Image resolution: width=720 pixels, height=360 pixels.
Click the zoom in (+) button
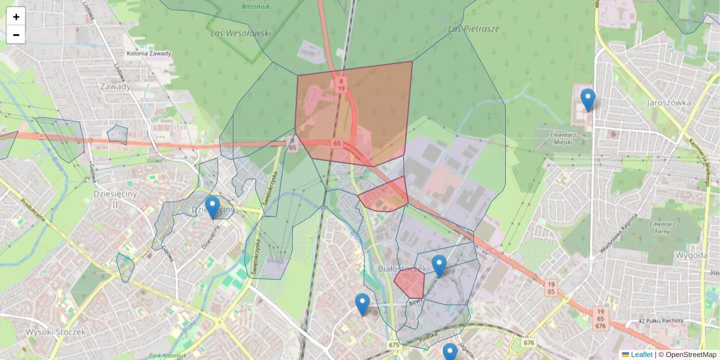coord(16,17)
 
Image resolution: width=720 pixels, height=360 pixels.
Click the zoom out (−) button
coord(16,35)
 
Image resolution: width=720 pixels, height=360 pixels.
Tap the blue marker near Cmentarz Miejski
coord(588,100)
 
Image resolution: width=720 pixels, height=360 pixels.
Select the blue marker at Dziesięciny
coord(212,208)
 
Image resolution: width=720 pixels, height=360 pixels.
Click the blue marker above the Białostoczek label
coord(439,266)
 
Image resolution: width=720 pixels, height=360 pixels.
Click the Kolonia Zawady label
coord(149,53)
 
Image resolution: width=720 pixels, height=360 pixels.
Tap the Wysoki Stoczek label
coord(56,331)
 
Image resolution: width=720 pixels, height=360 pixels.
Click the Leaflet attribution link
coord(641,355)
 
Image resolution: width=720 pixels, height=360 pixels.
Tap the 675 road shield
coord(394,344)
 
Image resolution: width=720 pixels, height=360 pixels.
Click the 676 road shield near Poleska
coord(529,343)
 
